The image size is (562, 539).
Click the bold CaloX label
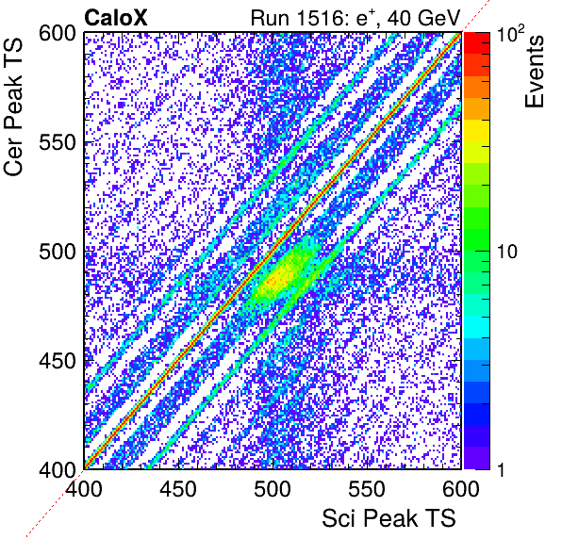click(x=116, y=18)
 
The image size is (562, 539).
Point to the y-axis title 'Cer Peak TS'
click(x=13, y=106)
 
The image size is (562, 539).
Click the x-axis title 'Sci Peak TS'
click(x=388, y=518)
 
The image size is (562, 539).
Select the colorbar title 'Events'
click(x=534, y=72)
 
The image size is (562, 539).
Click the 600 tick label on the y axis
click(x=58, y=34)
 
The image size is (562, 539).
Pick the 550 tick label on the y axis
click(x=58, y=143)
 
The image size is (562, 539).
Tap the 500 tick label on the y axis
click(x=58, y=252)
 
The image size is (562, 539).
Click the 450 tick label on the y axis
click(x=58, y=361)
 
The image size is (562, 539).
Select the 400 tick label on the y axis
click(x=58, y=469)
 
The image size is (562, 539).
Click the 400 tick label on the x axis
click(x=84, y=488)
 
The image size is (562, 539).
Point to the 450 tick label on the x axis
click(x=178, y=488)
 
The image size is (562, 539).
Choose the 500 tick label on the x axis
click(x=273, y=488)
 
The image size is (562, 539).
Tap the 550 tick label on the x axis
click(x=367, y=488)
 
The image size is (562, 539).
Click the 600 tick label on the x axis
click(x=461, y=488)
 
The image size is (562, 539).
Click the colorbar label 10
click(x=507, y=252)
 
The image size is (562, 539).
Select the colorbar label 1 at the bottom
click(x=501, y=469)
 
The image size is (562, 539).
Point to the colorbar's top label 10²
click(x=511, y=33)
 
